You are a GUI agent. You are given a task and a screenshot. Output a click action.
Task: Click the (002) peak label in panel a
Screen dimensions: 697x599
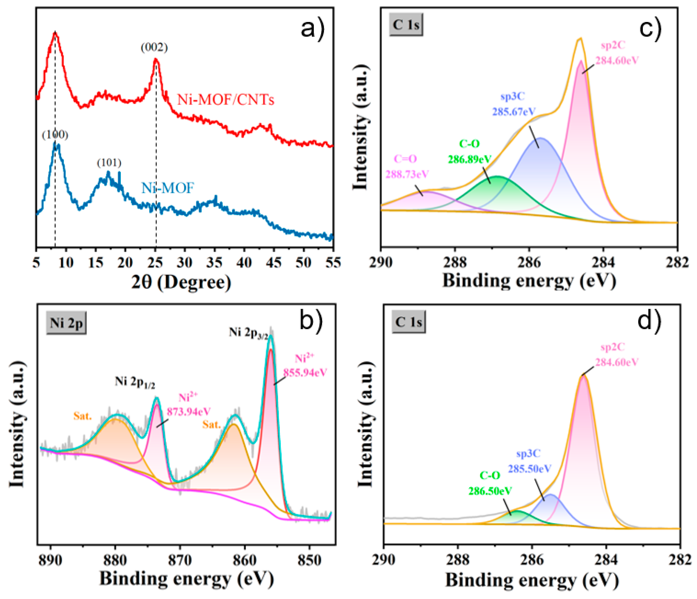154,48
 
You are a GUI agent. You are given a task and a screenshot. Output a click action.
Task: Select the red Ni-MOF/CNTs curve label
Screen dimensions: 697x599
226,100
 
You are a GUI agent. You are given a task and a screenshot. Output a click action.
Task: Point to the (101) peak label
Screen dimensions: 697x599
109,163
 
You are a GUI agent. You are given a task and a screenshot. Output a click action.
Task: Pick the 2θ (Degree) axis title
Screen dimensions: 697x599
181,282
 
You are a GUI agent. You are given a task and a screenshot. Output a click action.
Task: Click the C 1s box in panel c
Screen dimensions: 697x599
406,25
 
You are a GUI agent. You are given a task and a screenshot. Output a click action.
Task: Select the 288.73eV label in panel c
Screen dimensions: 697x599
407,174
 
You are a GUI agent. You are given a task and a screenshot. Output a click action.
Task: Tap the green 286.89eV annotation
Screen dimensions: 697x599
470,159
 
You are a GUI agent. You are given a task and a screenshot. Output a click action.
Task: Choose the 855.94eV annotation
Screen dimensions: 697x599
305,373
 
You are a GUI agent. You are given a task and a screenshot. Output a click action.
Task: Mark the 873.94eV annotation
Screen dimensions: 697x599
189,412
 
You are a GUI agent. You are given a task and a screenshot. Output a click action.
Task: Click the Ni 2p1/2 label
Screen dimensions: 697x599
135,383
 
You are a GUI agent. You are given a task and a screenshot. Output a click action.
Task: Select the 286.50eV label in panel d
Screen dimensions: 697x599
490,491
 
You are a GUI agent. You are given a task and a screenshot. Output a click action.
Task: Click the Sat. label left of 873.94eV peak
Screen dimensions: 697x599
83,416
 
